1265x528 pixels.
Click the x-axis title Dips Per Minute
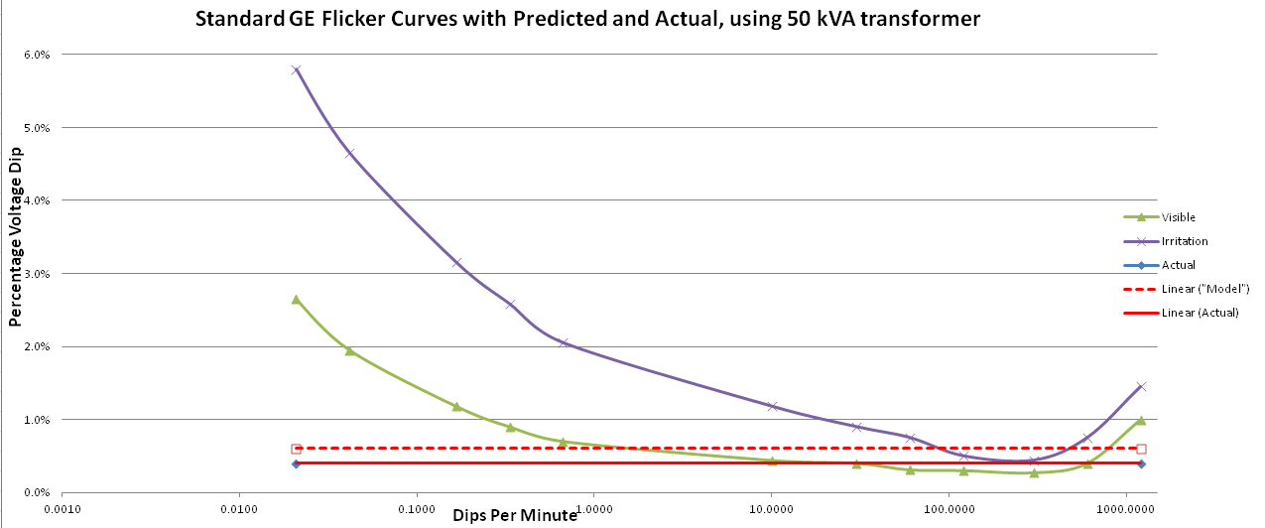[x=515, y=515]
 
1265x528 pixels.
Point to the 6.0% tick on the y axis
[x=36, y=55]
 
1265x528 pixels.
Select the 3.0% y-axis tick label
[x=36, y=274]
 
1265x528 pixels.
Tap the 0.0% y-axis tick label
[x=36, y=493]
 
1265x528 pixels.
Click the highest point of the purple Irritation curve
[x=296, y=69]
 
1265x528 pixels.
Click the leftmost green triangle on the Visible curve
[x=296, y=299]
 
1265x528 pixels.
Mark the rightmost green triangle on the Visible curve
[x=1141, y=421]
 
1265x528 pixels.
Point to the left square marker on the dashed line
[x=296, y=449]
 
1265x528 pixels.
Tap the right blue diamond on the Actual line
[x=1141, y=463]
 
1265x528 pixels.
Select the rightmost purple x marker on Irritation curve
[x=1141, y=386]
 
